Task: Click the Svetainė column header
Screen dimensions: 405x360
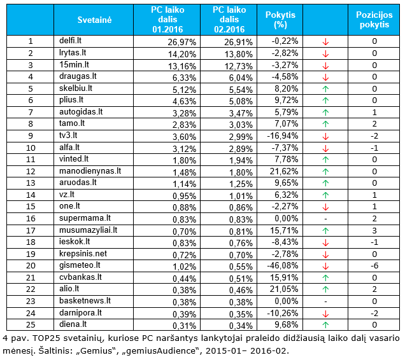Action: point(94,20)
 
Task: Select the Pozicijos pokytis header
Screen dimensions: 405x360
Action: point(374,20)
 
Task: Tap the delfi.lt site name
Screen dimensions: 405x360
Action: point(70,41)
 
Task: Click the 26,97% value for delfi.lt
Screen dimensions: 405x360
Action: point(182,42)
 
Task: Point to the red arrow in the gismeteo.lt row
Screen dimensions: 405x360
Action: point(325,266)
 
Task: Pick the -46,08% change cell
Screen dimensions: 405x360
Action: point(283,266)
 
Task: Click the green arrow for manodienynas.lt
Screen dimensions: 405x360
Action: point(325,172)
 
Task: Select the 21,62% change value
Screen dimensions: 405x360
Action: point(284,171)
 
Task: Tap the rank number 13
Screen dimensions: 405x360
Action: point(31,183)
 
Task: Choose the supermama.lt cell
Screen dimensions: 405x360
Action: point(85,218)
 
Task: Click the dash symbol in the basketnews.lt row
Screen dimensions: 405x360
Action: point(325,301)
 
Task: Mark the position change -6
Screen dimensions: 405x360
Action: point(374,266)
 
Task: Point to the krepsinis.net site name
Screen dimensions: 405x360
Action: point(83,254)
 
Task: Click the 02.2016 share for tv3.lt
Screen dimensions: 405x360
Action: point(241,137)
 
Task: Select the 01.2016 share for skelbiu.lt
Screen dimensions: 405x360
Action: point(184,90)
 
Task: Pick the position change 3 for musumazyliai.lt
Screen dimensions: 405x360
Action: point(374,230)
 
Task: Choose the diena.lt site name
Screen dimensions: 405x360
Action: point(73,324)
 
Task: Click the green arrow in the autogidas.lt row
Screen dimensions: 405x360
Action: point(325,113)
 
